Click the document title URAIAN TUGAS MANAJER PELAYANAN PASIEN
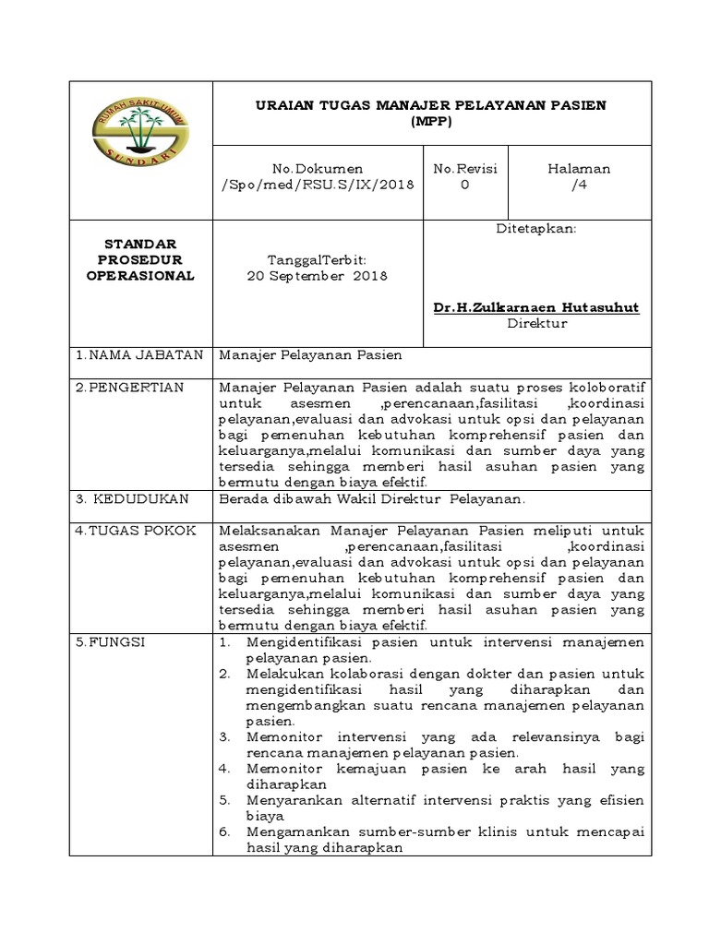[x=431, y=105]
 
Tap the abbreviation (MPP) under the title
[x=431, y=120]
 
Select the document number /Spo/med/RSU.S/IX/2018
[x=318, y=185]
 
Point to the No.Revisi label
[x=465, y=169]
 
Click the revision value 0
[x=465, y=185]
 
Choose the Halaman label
[x=579, y=169]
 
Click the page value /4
[x=579, y=185]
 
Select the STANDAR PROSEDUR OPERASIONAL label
[x=141, y=259]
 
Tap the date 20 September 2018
[x=318, y=276]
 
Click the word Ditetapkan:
[x=536, y=228]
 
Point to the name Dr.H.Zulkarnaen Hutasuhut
[x=536, y=307]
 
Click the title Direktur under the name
[x=536, y=323]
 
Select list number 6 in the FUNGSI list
[x=224, y=831]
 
